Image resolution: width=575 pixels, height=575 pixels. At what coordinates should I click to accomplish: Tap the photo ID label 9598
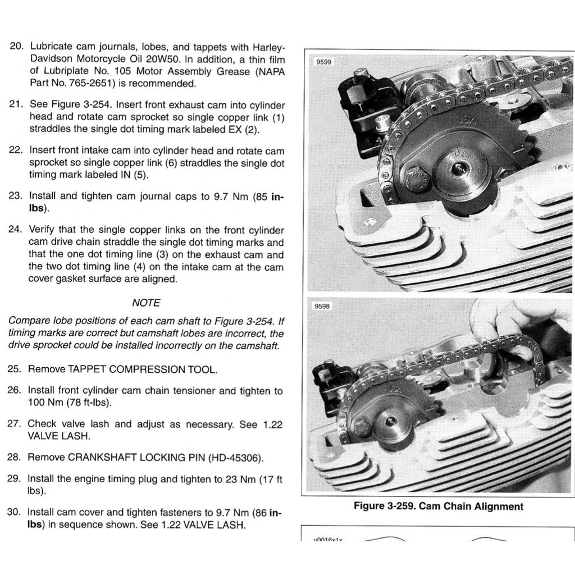(x=323, y=307)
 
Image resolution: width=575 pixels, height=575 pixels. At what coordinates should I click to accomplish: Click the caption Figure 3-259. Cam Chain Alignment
(x=438, y=506)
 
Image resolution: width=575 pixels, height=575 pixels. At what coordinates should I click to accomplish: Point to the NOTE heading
(x=146, y=303)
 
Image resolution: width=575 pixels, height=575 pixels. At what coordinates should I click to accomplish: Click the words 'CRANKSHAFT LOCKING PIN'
(x=135, y=457)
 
